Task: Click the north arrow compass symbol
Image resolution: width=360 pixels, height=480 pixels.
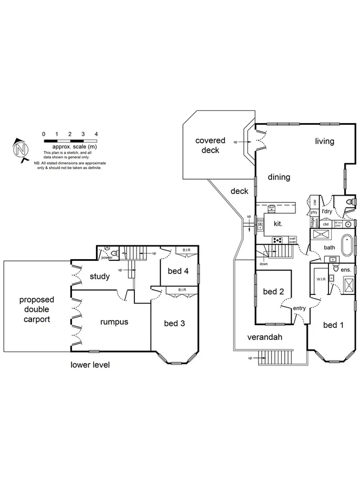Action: point(20,148)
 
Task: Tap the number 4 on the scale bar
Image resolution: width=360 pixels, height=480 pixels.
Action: point(96,134)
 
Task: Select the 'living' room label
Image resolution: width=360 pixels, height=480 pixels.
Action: point(324,141)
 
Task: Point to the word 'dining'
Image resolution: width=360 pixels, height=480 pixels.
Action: point(278,177)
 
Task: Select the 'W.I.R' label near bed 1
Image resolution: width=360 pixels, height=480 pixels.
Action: point(321,278)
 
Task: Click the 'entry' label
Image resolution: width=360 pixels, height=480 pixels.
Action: point(299,308)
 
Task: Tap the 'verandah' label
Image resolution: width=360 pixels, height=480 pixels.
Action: point(264,337)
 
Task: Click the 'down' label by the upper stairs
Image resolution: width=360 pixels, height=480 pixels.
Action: point(263,264)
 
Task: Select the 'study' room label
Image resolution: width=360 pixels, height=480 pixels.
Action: point(100,276)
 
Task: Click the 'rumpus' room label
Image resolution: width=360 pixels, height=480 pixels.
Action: point(114,322)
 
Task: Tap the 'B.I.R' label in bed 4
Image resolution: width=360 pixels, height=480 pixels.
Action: point(187,250)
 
